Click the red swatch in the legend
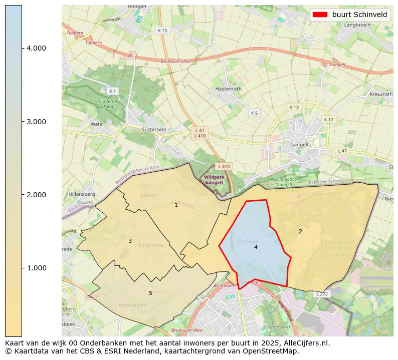320,15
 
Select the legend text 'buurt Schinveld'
359,15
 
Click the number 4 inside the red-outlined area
256,247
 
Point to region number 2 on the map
300,231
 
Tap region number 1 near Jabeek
176,205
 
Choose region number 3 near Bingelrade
130,241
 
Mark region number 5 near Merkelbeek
150,293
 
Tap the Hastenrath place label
228,89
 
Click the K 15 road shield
162,31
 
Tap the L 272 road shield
322,294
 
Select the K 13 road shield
294,107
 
